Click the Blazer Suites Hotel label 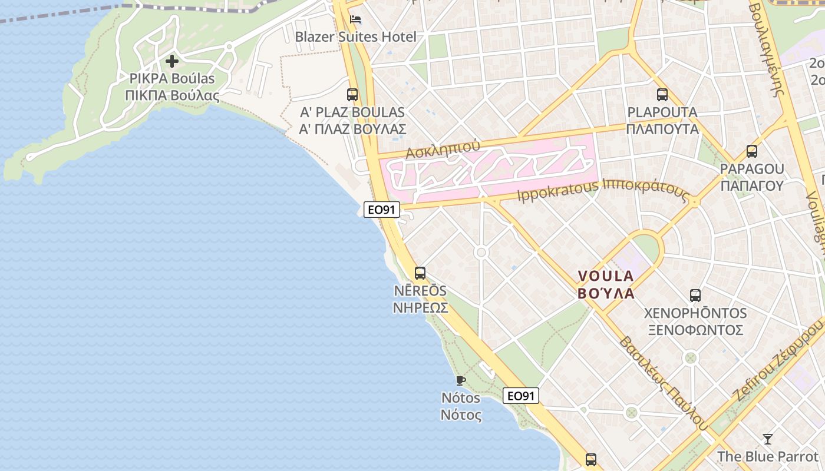355,37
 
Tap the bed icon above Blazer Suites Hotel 355,19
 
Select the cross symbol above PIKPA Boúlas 172,61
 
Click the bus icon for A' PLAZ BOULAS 352,94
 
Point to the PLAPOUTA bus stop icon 662,94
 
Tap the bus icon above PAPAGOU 752,151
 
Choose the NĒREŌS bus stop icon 420,273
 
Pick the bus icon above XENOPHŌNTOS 695,295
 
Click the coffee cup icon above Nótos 461,380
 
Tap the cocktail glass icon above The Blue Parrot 767,439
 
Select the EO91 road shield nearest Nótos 521,396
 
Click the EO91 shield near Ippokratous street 382,210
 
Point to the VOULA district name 606,276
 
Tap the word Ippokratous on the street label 557,191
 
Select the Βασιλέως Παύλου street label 664,383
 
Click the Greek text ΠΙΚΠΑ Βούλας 172,95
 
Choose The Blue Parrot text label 768,456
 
